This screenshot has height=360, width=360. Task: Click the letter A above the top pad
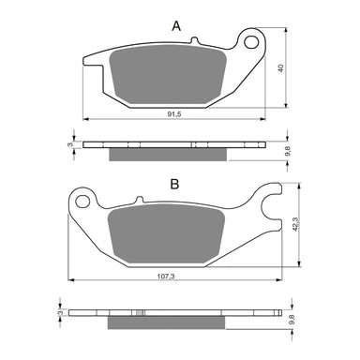click(176, 27)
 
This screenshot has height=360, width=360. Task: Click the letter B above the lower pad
click(174, 185)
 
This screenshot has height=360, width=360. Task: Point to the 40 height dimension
click(279, 70)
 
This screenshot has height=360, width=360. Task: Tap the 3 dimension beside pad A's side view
click(70, 144)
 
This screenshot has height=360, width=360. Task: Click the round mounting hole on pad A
click(250, 42)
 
